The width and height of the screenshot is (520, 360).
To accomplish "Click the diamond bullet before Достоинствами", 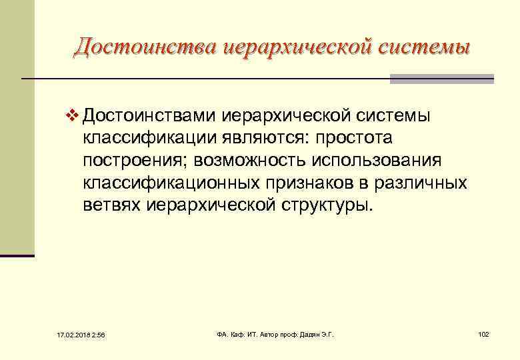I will point(73,116).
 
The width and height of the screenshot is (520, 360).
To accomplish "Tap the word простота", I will point(355,138).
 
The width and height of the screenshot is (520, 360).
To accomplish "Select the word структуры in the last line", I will point(326,204).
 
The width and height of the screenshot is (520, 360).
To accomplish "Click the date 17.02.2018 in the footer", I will point(67,334).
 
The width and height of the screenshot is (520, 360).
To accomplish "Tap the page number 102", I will point(483,333).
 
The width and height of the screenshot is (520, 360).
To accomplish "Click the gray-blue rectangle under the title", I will point(441,79).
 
